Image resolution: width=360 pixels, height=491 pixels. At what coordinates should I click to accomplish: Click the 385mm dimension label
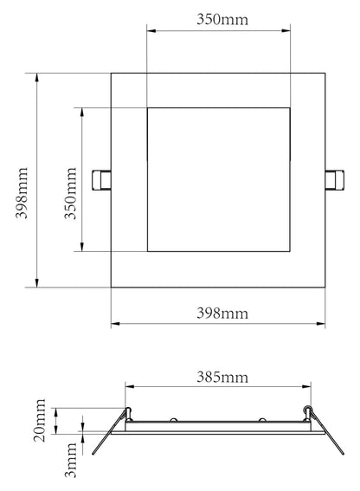(x=220, y=377)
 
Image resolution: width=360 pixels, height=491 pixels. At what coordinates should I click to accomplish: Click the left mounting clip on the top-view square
(x=101, y=179)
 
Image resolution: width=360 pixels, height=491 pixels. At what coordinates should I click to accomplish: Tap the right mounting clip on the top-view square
(x=335, y=179)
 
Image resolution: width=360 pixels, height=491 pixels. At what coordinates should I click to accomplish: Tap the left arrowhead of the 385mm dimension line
(x=129, y=387)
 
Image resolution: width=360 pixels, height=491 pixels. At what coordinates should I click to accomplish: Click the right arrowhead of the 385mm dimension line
(x=309, y=387)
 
